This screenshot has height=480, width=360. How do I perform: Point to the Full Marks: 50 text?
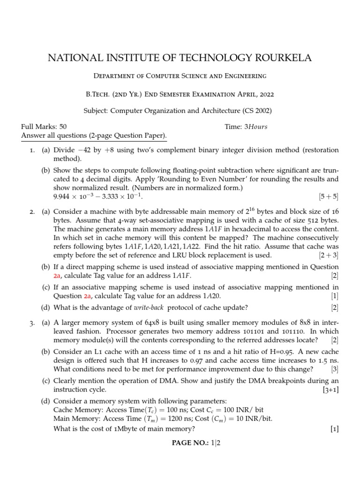(44, 127)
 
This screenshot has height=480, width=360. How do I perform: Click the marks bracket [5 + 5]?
(328, 195)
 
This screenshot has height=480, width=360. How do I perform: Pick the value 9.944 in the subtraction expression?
(63, 195)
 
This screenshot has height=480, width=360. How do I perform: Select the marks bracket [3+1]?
(329, 390)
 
